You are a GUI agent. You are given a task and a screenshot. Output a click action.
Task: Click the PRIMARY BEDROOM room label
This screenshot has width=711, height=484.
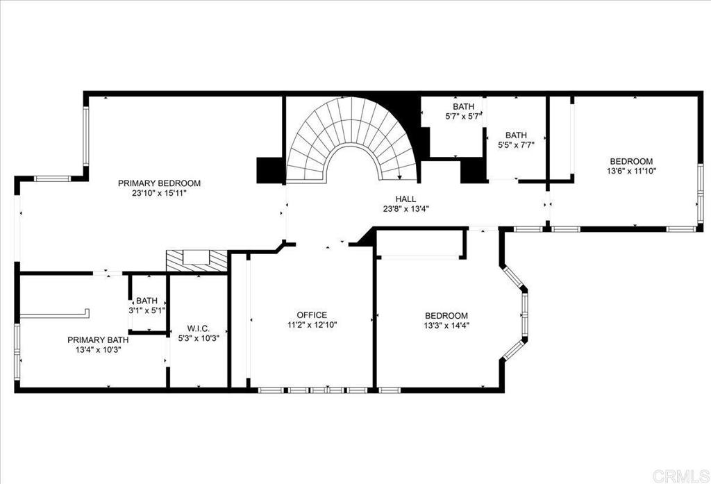coord(159,183)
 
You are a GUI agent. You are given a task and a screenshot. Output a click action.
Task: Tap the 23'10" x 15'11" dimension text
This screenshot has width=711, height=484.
coord(159,193)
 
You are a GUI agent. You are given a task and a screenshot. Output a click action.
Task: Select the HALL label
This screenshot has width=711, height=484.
coord(405,199)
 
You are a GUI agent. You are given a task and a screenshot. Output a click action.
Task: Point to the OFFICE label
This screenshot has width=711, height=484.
coord(312,315)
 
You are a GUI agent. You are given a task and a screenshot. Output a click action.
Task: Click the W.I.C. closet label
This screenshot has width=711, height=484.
coord(198,328)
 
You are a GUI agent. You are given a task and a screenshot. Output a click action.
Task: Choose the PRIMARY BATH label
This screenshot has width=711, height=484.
coord(98,340)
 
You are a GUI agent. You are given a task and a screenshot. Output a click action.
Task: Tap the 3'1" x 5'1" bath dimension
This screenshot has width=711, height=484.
coord(147,310)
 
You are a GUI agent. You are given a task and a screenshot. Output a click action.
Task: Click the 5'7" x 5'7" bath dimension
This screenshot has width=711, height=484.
coord(463,117)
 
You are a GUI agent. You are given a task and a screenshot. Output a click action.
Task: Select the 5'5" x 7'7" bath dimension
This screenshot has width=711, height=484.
coord(516,145)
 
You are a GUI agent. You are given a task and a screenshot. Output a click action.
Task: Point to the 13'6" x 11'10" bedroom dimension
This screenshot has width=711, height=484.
coord(631,171)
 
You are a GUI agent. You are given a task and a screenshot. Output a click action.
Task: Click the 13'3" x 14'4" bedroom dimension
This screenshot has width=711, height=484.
coord(446,325)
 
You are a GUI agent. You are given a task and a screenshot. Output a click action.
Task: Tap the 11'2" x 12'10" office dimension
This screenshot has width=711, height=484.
coord(312,325)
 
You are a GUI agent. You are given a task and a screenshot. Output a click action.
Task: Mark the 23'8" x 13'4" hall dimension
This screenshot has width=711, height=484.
coord(405,208)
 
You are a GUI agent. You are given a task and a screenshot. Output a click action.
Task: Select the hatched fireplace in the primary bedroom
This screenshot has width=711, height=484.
coord(196,261)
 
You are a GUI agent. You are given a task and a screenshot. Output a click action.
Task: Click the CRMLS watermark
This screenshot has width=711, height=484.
coord(680,475)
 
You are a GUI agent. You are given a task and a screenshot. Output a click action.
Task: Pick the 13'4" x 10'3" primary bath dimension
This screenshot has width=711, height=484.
coord(98,350)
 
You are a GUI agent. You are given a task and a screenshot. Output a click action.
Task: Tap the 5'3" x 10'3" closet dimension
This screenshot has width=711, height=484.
coord(198,338)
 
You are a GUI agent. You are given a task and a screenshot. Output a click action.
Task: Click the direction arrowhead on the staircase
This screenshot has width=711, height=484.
coord(399,177)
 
